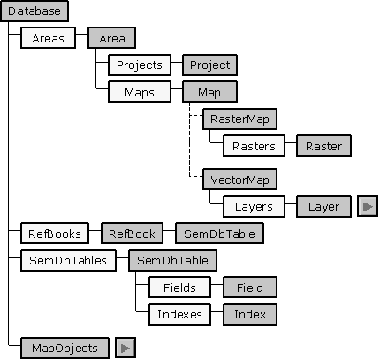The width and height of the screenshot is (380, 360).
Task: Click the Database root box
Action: (x=34, y=11)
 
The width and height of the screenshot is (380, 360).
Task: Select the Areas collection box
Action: (x=48, y=38)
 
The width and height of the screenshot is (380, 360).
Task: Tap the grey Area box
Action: (x=111, y=38)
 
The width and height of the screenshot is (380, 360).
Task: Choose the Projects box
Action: (x=140, y=65)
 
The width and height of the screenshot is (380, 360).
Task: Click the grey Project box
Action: (x=209, y=65)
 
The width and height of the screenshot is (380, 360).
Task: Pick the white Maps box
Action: (x=140, y=92)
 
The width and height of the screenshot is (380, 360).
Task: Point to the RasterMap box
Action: (x=239, y=119)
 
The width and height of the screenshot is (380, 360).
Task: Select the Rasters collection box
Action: (x=254, y=146)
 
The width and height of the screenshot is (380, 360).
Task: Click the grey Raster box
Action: (x=323, y=146)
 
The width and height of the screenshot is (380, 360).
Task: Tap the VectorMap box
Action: (x=239, y=180)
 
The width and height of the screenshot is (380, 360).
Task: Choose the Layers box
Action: (x=254, y=206)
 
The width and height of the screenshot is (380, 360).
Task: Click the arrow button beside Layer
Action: (x=368, y=206)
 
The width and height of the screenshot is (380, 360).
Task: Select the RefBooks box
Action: (x=55, y=234)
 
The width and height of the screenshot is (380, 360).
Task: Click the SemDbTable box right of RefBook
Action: (x=219, y=234)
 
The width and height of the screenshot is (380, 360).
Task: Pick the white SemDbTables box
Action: (x=68, y=260)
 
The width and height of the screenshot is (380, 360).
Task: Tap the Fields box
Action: (x=179, y=287)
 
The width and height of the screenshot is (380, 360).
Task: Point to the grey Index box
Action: (x=250, y=314)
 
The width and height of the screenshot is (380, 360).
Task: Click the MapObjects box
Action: (x=65, y=348)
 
